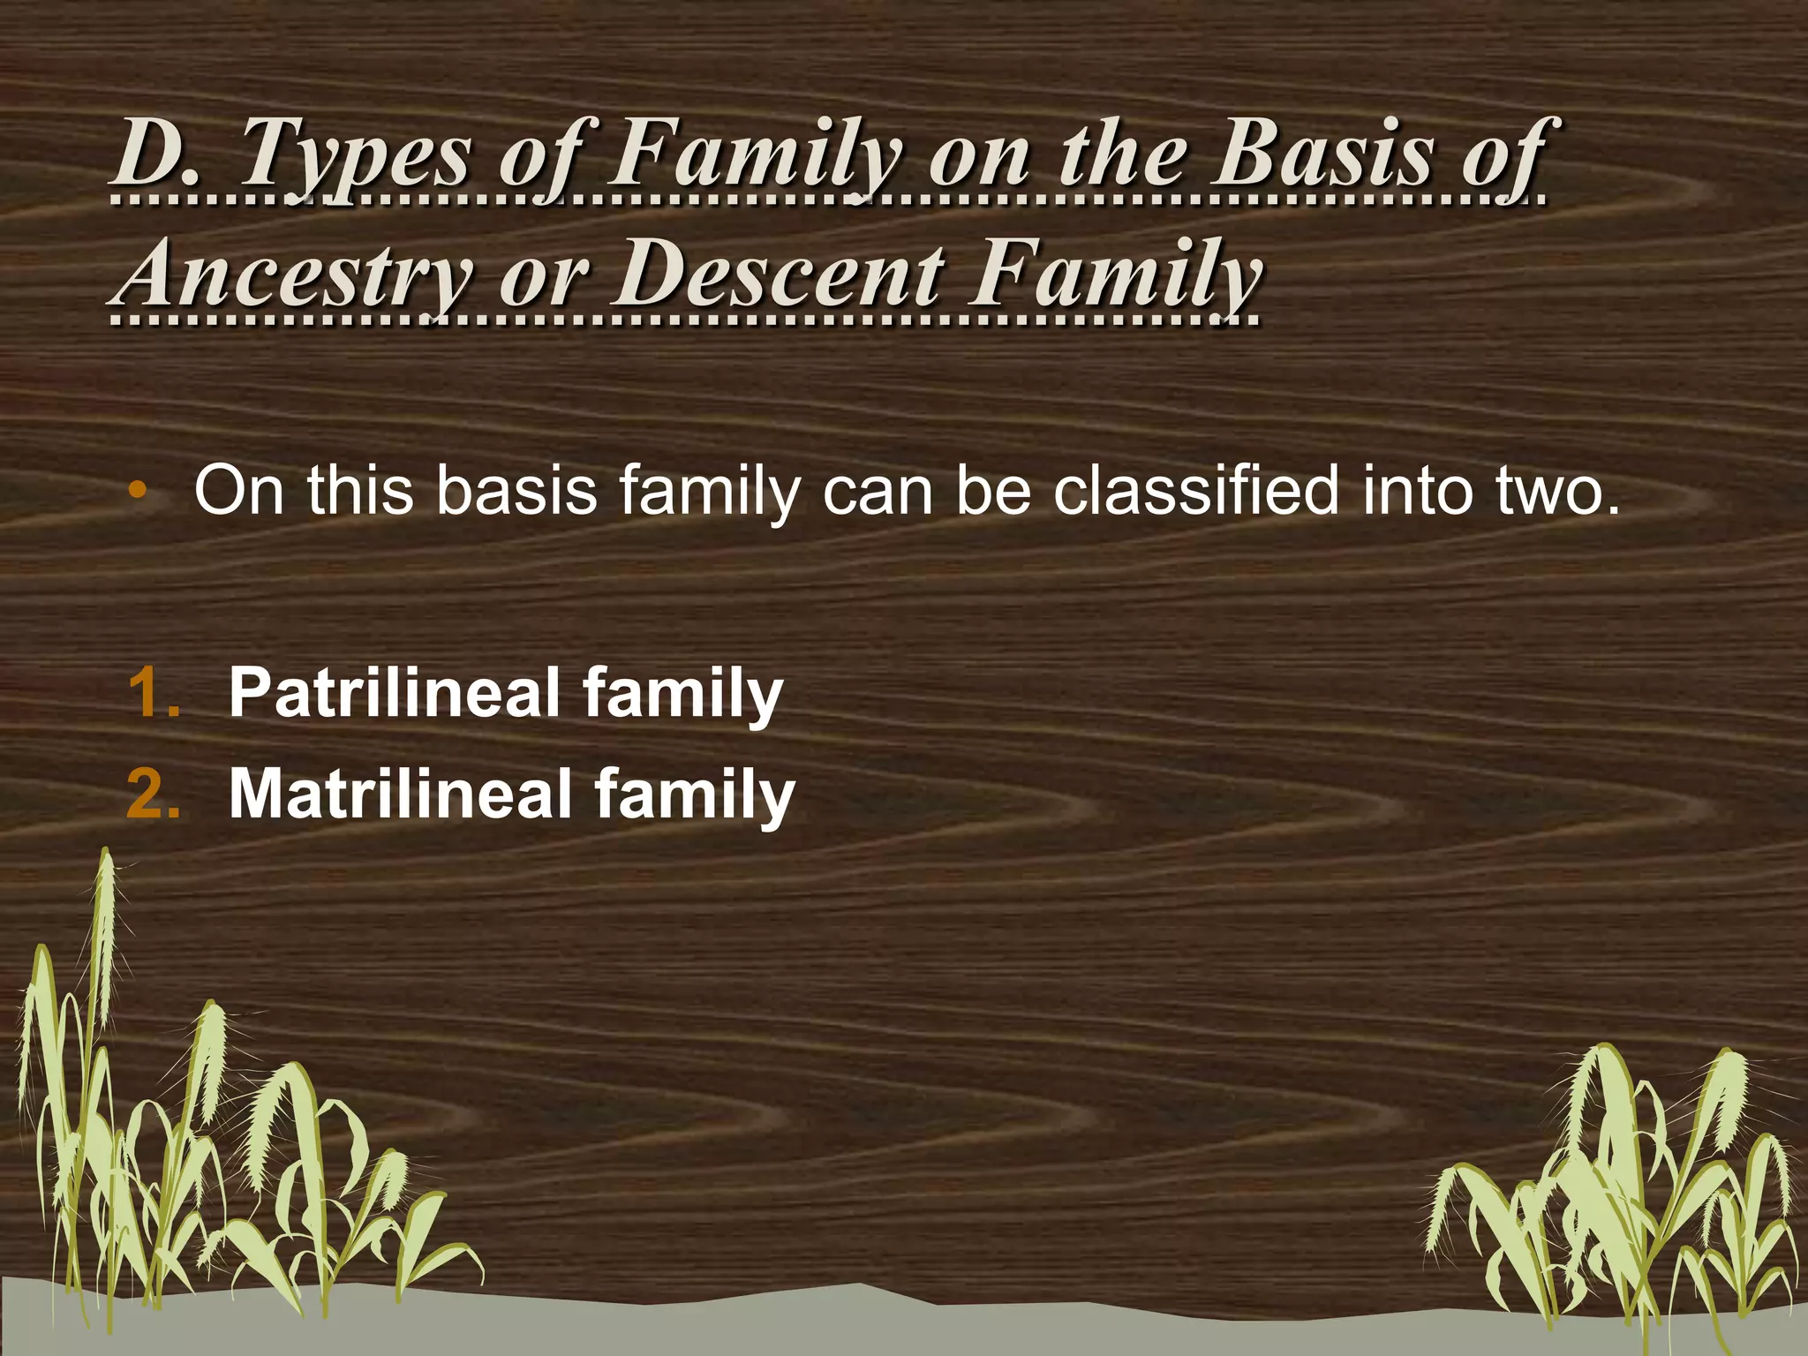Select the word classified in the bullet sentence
1196,491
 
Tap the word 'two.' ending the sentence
1558,491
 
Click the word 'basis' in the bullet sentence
516,491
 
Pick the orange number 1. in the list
154,693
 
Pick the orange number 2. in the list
154,794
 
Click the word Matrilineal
401,794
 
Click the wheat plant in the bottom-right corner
1616,1192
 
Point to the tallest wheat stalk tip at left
106,861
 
